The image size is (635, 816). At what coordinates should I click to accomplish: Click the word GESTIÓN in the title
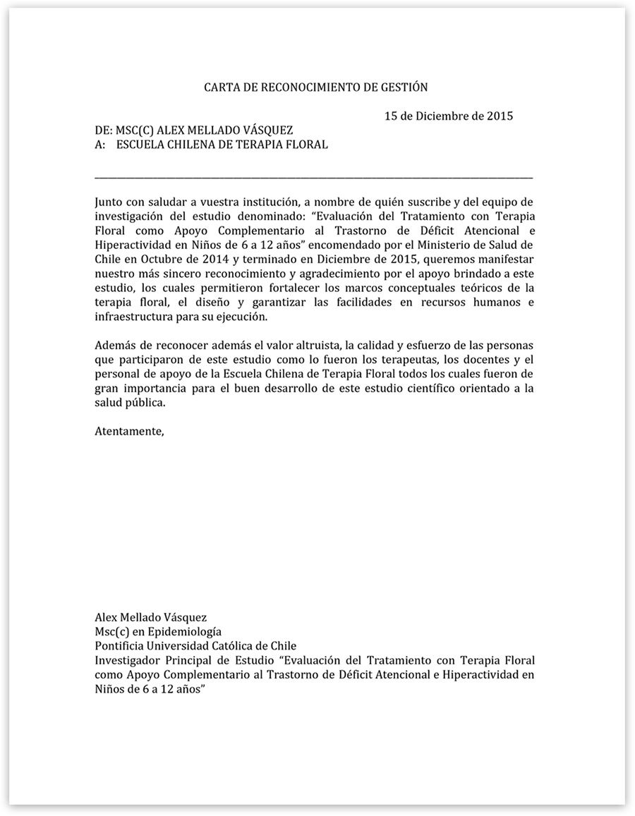click(404, 87)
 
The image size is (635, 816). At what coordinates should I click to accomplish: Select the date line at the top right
click(448, 116)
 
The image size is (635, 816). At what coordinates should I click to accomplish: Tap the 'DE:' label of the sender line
click(104, 130)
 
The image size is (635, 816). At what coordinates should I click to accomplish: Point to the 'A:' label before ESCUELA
click(100, 145)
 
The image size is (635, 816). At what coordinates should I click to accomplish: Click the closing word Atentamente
click(128, 431)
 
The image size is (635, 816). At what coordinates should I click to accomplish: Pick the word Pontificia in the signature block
click(119, 645)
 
